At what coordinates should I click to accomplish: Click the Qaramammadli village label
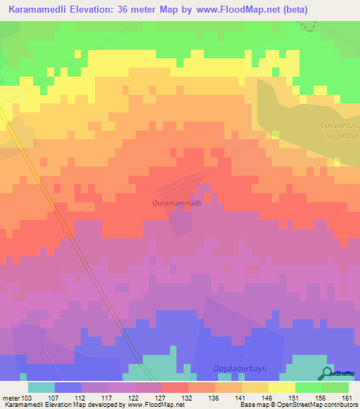coord(178,202)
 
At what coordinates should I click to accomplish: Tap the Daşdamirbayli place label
coord(239,369)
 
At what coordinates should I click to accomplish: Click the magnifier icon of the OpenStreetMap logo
coord(328,373)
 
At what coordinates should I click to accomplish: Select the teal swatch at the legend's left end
coord(41,387)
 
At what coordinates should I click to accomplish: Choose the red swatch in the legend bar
coord(175,387)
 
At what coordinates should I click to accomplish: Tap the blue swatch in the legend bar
coord(68,387)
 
